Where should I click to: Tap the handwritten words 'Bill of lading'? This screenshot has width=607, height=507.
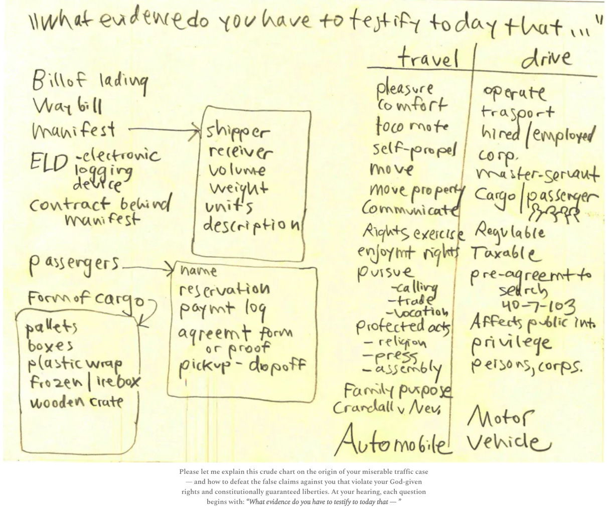coord(90,82)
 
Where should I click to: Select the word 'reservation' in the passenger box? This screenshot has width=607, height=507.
coord(225,289)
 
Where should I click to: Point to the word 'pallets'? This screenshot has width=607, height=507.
coord(51,327)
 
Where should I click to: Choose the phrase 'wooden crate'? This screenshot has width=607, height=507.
coord(76,402)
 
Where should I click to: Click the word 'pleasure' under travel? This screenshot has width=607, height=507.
coord(405,89)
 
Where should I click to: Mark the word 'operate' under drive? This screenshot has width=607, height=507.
coord(514,92)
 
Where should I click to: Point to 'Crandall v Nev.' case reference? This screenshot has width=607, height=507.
coord(387,408)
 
